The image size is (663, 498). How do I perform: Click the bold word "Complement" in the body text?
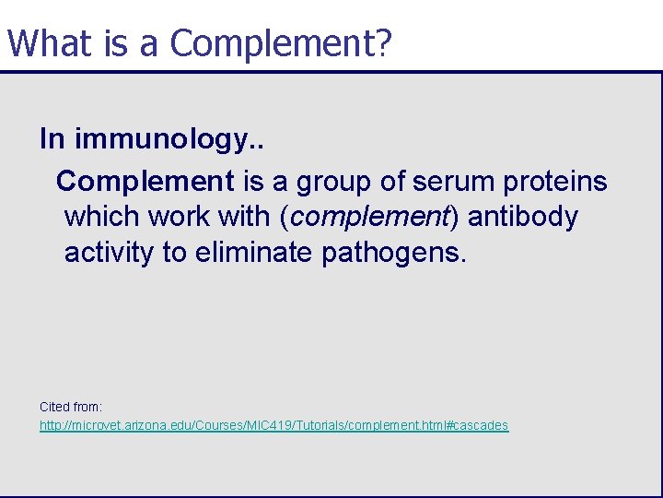[145, 182]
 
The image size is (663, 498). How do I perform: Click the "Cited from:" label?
[71, 407]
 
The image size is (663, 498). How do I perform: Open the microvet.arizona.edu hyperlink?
[273, 426]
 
